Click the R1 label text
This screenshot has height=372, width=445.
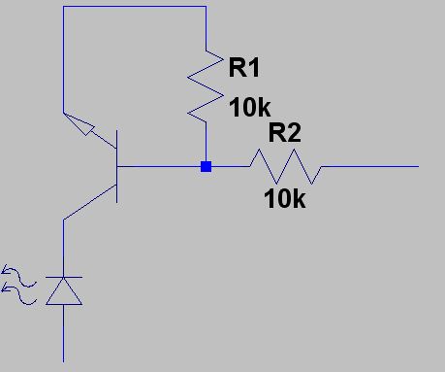click(x=244, y=67)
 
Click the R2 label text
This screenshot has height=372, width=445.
click(x=285, y=132)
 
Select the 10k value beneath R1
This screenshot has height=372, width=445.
click(x=250, y=107)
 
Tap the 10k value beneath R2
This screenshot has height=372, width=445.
click(x=285, y=198)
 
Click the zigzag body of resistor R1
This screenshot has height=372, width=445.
click(x=206, y=86)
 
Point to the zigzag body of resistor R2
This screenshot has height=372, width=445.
click(x=285, y=166)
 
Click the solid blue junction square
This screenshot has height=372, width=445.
click(x=206, y=166)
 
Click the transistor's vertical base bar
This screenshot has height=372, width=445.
click(x=116, y=166)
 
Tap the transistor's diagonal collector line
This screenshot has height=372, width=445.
click(x=90, y=202)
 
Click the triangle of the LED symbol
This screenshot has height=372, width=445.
click(x=64, y=291)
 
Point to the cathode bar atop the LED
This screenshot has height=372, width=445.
click(x=64, y=277)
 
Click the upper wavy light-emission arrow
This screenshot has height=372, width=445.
click(x=18, y=276)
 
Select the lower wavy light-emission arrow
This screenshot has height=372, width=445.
click(x=18, y=293)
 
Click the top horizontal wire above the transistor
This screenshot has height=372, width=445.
click(x=135, y=6)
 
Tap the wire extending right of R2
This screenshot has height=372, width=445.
click(x=370, y=166)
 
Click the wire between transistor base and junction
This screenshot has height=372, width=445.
click(x=159, y=166)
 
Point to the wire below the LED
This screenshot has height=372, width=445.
click(x=63, y=333)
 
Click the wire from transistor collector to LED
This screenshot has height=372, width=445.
click(x=63, y=249)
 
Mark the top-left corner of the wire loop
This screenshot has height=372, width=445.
click(x=63, y=6)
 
